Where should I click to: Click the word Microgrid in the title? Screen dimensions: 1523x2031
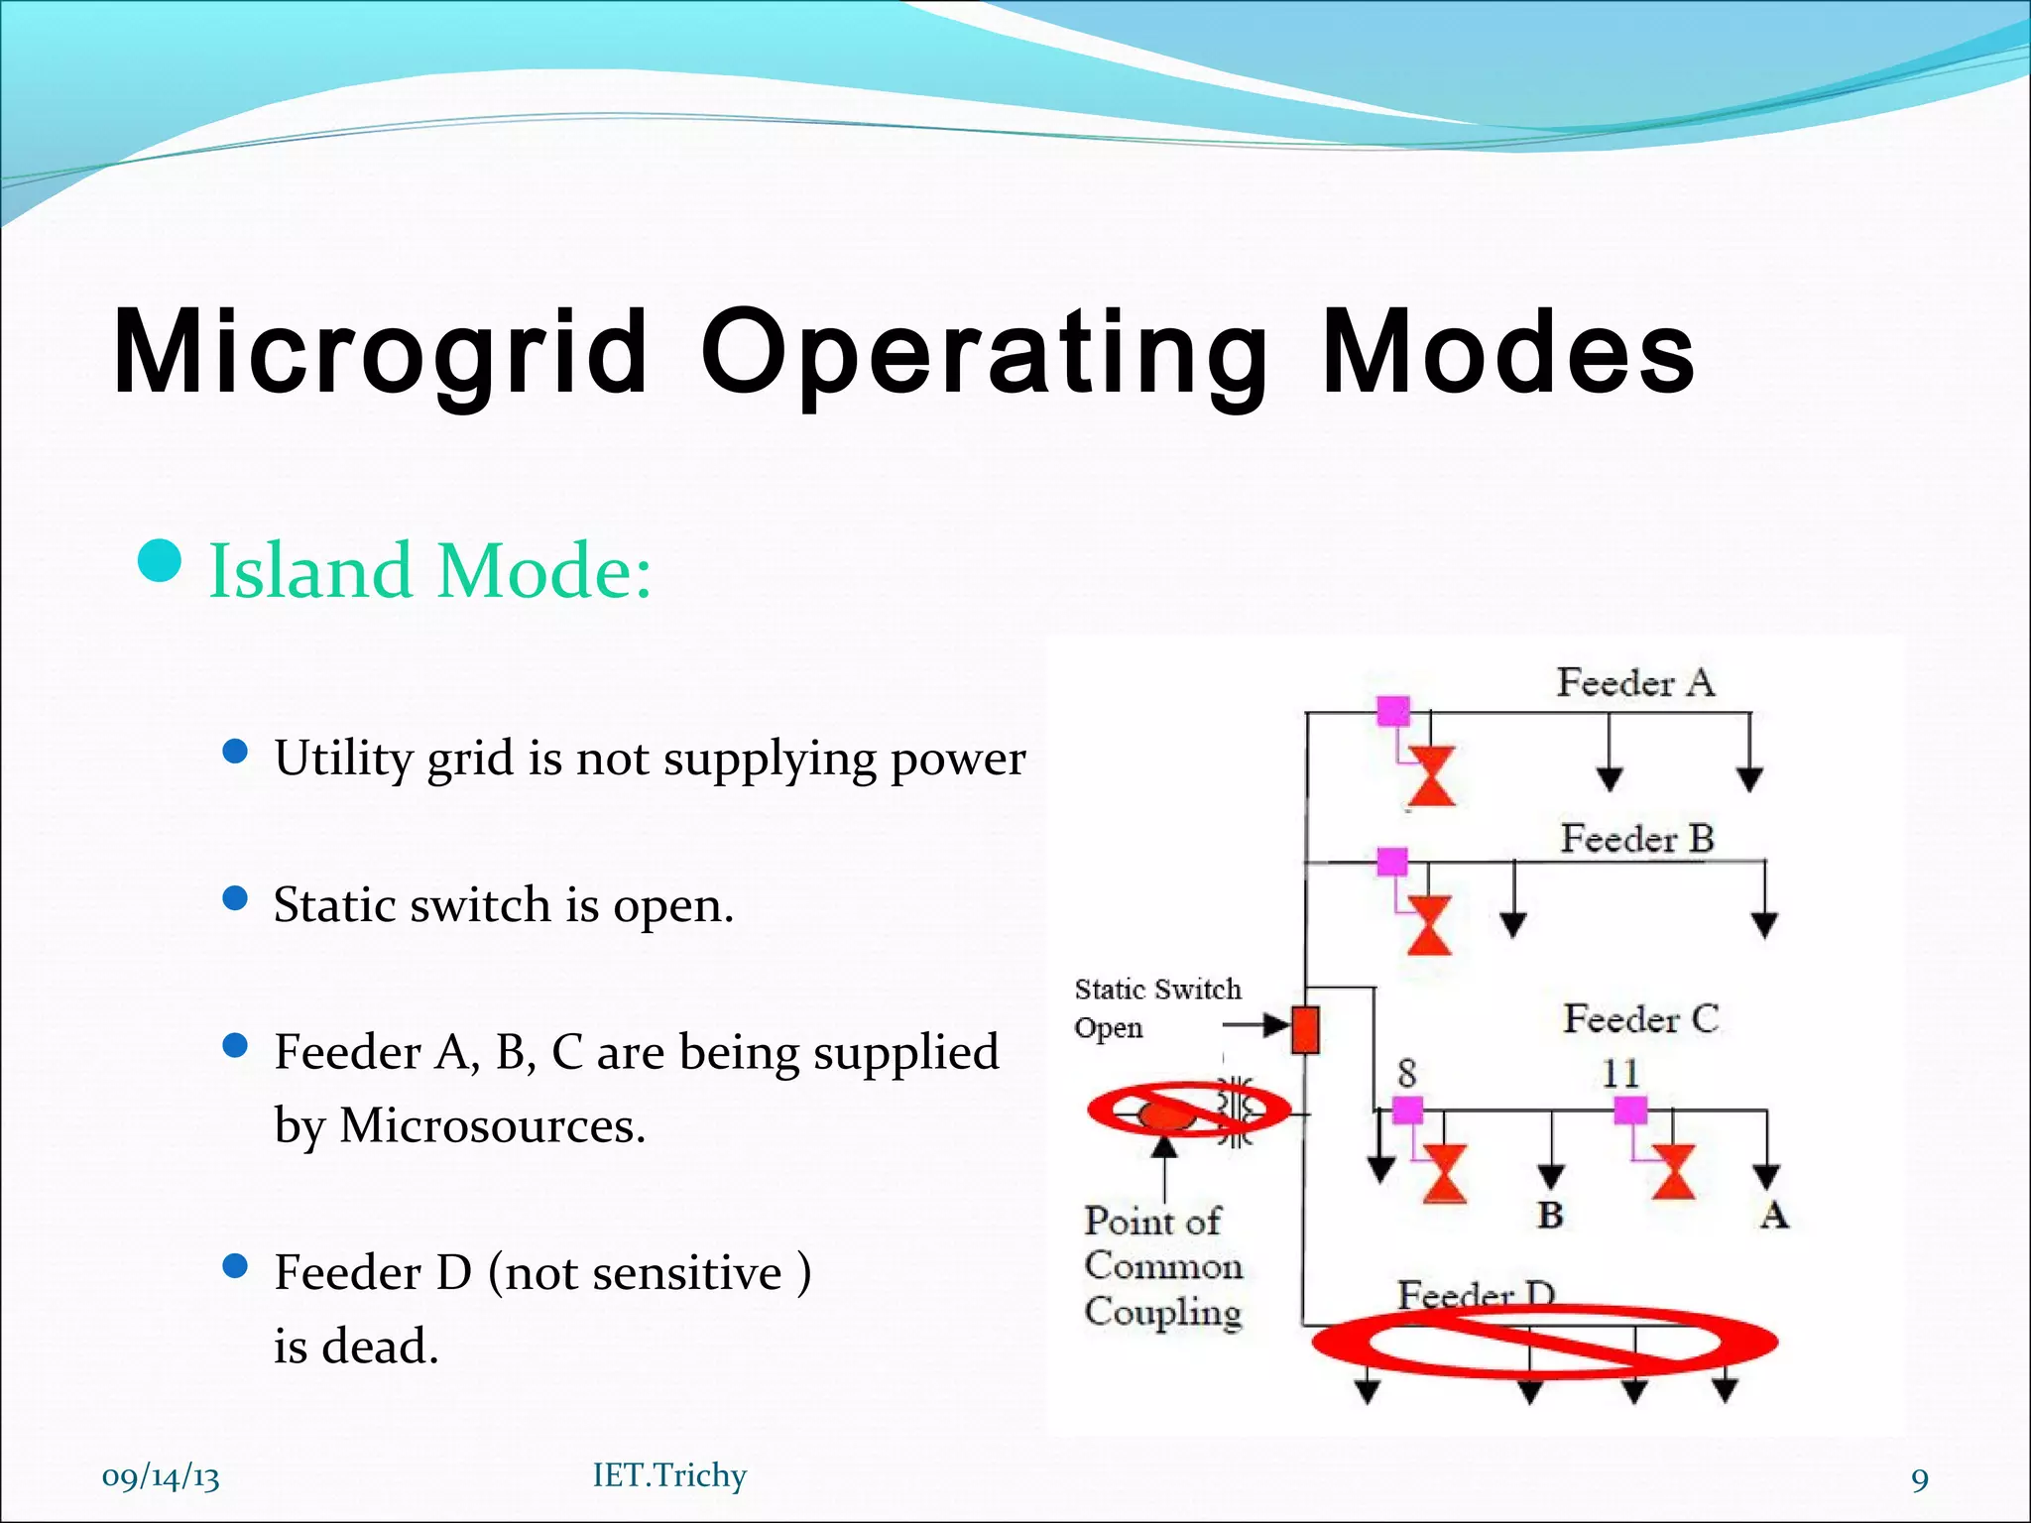coord(381,352)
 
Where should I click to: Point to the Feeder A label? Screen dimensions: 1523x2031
coord(1635,682)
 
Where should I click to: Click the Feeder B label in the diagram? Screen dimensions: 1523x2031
coord(1637,839)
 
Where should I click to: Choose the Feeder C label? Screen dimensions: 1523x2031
coord(1641,1019)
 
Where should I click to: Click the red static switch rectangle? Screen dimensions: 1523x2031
coord(1305,1029)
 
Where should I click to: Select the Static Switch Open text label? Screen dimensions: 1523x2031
coord(1156,1007)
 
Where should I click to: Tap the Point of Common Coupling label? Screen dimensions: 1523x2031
coord(1162,1266)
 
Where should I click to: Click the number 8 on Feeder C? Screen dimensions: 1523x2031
coord(1407,1073)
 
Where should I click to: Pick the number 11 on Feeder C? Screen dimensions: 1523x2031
coord(1620,1073)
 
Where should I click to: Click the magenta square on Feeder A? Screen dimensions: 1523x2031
coord(1393,711)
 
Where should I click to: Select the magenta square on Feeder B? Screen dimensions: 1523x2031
coord(1392,861)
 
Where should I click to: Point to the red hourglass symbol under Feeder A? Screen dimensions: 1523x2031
coord(1431,776)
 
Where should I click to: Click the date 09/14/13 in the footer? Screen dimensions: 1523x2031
coord(161,1477)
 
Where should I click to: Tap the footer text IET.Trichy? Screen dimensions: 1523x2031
coord(669,1475)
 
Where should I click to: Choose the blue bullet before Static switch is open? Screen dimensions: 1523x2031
coord(235,898)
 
